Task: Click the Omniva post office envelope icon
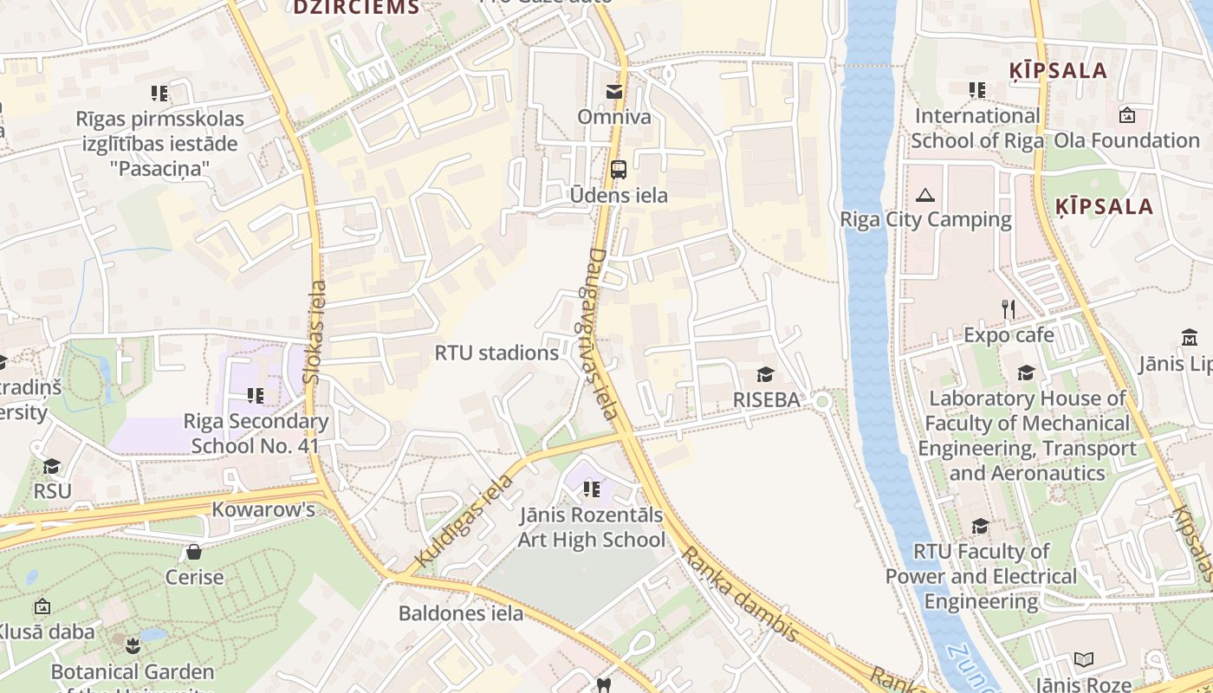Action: pos(614,92)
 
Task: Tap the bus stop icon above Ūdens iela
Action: pos(618,170)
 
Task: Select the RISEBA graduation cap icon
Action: pos(765,374)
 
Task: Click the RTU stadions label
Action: pos(496,353)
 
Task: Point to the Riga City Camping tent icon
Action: pos(925,195)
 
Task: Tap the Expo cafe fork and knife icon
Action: pos(1008,309)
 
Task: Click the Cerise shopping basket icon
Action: pos(194,552)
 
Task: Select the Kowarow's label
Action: pos(263,509)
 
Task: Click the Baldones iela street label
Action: pos(461,613)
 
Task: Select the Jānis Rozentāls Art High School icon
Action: pos(592,490)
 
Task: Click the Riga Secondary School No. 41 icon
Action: pos(256,396)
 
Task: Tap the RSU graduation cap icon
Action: pos(52,467)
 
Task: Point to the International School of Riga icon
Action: pos(977,90)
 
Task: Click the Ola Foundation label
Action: pos(1126,140)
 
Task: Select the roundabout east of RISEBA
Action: pos(821,401)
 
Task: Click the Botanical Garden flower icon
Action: pos(132,645)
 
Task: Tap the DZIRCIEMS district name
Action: pos(356,8)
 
